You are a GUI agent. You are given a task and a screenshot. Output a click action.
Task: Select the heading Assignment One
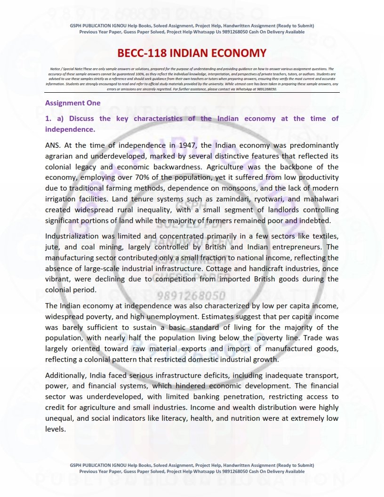(72, 103)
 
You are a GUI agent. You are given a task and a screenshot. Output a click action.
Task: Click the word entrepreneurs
(297, 247)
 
